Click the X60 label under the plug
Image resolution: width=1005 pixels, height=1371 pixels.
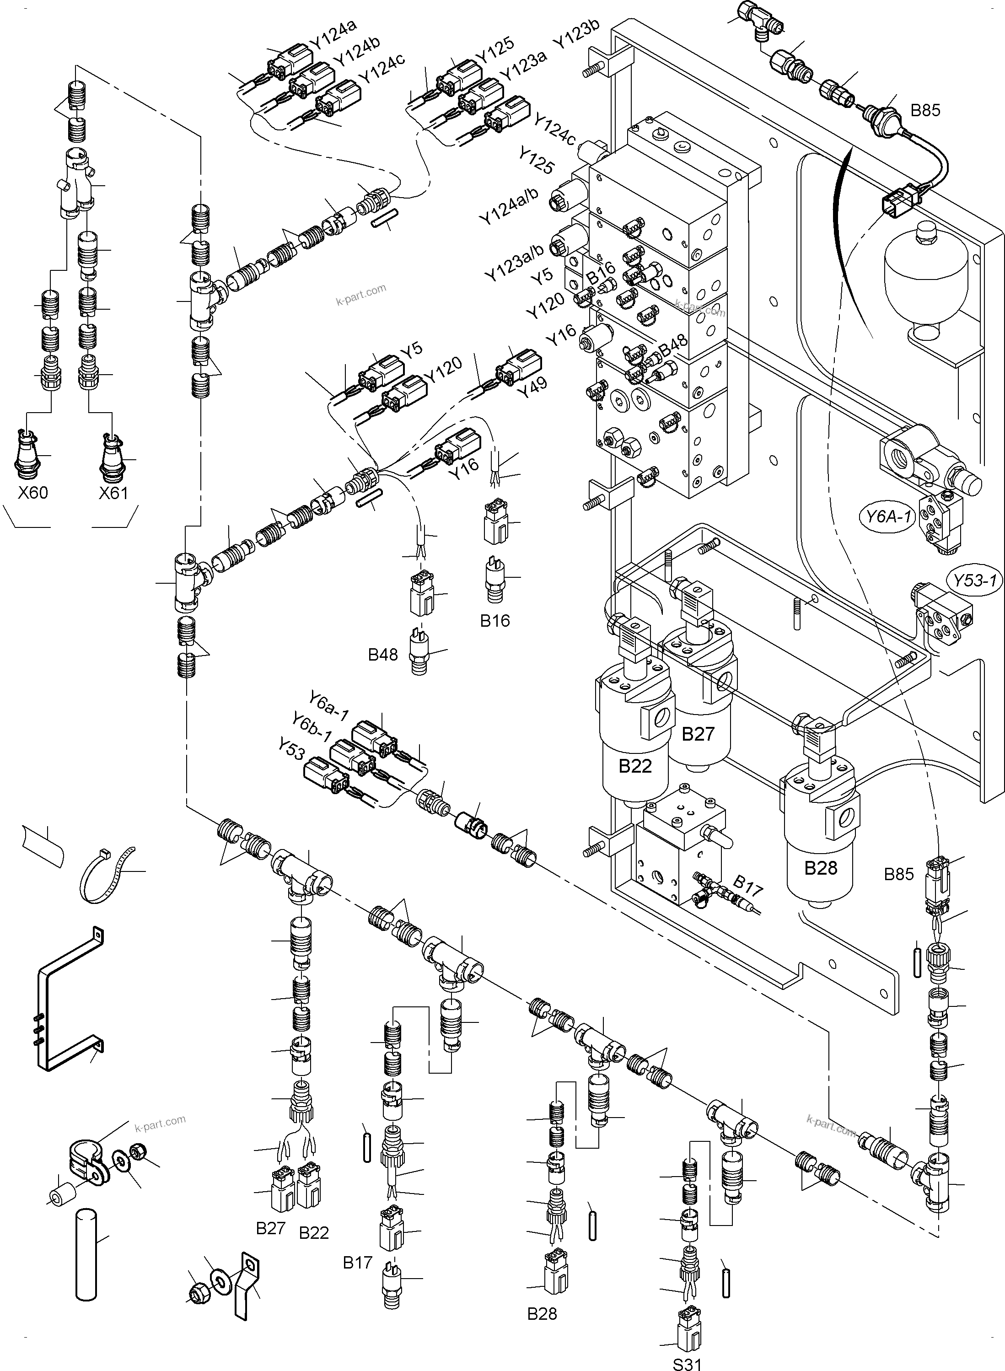click(33, 493)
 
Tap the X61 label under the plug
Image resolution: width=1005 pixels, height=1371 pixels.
click(114, 493)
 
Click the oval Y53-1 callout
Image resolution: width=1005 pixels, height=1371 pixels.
click(975, 580)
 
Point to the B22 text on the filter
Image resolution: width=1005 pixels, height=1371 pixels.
click(635, 766)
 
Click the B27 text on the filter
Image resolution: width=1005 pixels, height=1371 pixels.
click(697, 734)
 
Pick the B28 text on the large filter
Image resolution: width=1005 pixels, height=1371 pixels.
click(821, 868)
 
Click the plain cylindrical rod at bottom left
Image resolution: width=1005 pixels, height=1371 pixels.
click(86, 1254)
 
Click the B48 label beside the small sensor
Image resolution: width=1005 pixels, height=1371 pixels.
click(383, 655)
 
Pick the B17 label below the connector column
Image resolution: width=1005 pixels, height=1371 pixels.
click(357, 1263)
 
